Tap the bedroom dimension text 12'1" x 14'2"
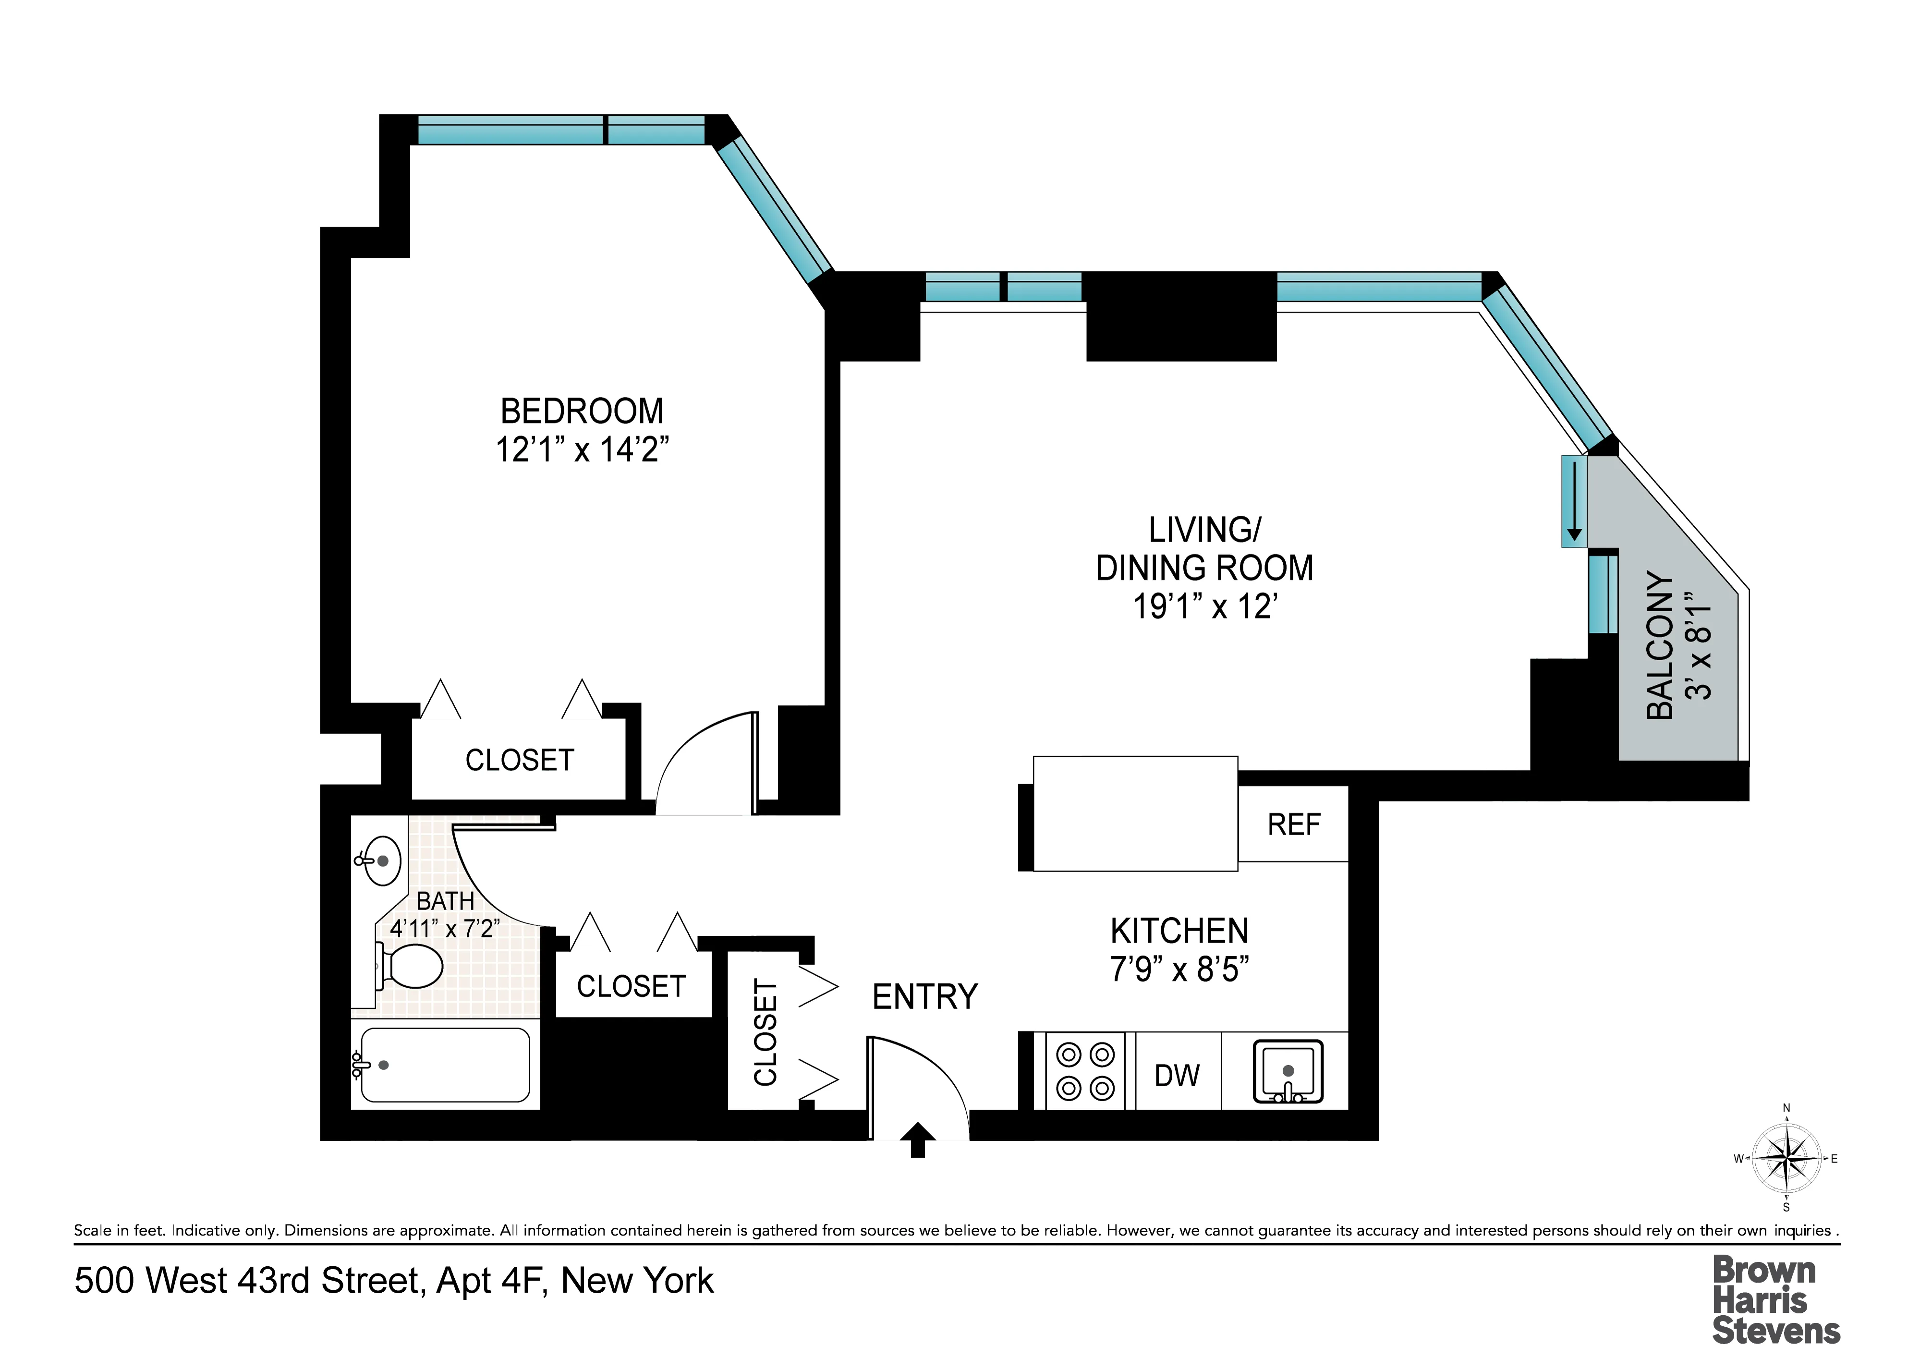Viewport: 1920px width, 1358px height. tap(582, 450)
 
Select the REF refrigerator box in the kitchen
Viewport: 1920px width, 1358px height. tap(1293, 824)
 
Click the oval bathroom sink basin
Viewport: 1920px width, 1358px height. tap(380, 861)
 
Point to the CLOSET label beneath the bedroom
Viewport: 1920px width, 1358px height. tap(519, 760)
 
